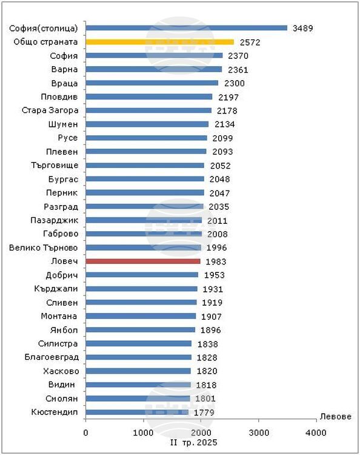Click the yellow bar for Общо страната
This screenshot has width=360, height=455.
160,42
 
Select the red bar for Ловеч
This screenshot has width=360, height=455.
143,261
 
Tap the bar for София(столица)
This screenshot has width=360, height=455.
187,28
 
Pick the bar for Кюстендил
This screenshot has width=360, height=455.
137,412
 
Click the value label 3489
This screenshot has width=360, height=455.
302,28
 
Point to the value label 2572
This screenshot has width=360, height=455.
250,42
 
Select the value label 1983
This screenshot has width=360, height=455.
216,261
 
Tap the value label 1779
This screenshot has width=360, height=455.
204,413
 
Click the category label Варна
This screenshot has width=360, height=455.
64,69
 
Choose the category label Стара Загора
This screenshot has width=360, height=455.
50,110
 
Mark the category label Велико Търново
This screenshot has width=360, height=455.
44,248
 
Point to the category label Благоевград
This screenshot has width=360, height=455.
52,357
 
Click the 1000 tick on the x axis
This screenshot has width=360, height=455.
143,433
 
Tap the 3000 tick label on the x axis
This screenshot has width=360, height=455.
259,433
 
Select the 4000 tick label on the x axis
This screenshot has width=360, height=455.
316,433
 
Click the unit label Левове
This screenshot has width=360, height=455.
336,417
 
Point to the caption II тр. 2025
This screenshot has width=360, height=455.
193,442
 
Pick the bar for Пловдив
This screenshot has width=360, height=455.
149,96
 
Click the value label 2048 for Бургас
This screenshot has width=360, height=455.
219,180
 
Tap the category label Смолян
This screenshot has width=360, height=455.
62,399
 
